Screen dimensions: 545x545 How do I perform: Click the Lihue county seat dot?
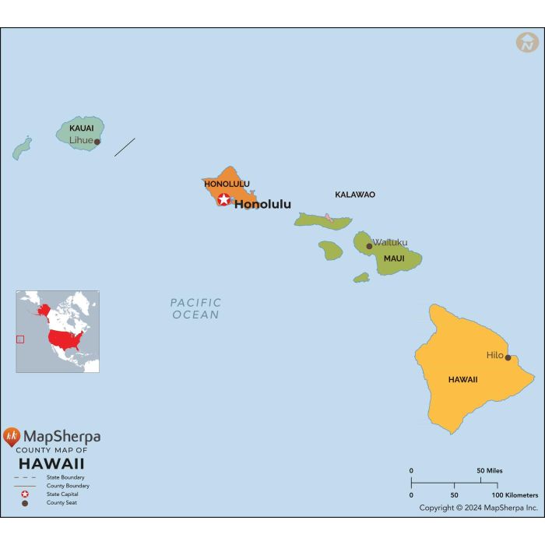click(x=97, y=142)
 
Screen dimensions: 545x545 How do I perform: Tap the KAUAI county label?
click(x=82, y=128)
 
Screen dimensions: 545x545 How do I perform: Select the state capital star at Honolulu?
click(x=224, y=199)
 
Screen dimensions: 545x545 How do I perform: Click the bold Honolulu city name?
click(x=262, y=205)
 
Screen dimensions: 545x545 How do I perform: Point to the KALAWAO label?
click(x=355, y=195)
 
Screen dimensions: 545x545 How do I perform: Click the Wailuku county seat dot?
click(x=370, y=246)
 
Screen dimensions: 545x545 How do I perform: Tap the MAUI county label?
click(x=394, y=258)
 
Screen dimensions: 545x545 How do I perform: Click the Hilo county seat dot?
click(x=508, y=358)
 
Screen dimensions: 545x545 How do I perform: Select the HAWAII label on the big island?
click(x=462, y=380)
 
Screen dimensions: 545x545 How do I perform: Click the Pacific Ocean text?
click(x=196, y=308)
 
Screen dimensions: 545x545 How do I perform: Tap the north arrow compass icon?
click(x=527, y=43)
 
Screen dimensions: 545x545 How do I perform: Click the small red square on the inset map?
click(x=20, y=339)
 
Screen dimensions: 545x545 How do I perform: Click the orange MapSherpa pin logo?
click(x=12, y=437)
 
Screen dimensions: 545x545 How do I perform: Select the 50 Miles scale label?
click(x=490, y=471)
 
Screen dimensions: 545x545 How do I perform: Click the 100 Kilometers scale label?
click(x=515, y=495)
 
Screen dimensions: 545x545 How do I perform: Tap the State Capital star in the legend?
click(x=25, y=494)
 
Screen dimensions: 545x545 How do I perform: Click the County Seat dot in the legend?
click(x=25, y=503)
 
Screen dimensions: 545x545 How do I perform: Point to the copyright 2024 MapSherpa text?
click(x=478, y=508)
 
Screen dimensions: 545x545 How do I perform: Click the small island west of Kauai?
click(x=22, y=148)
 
